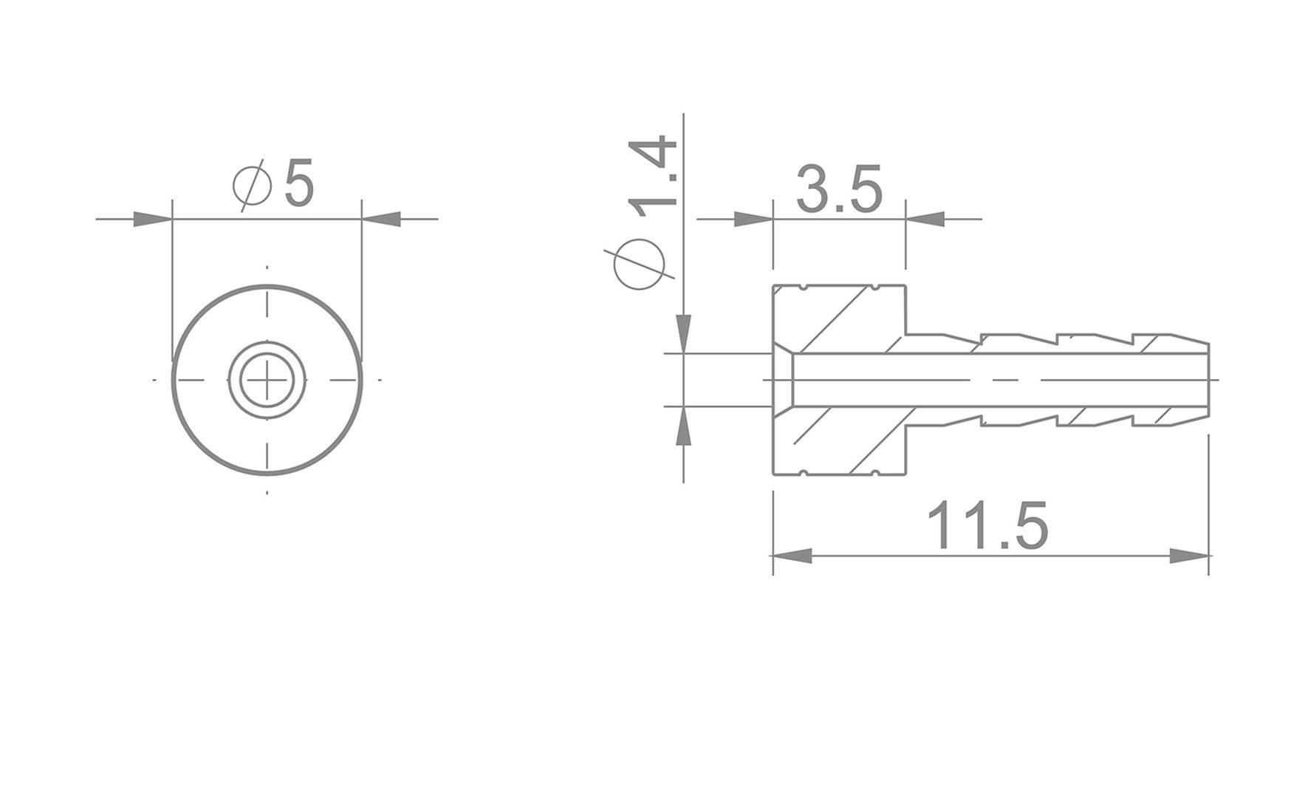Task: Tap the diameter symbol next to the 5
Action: [x=253, y=186]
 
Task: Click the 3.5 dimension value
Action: [x=839, y=191]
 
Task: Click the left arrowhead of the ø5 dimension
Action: [x=151, y=219]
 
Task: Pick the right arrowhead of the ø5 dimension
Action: [x=382, y=219]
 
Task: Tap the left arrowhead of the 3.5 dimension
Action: [x=753, y=219]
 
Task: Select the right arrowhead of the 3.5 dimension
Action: [x=925, y=219]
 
